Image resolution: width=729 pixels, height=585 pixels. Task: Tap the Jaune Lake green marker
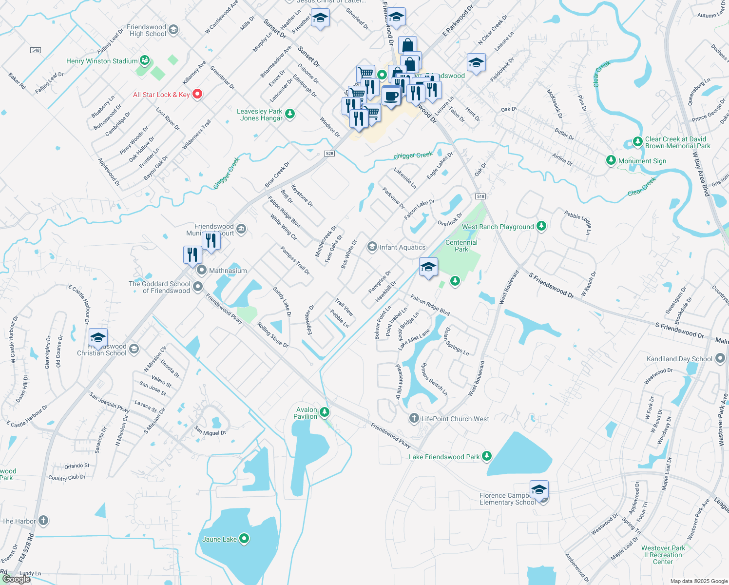point(245,539)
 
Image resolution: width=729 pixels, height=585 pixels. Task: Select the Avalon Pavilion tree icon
point(324,413)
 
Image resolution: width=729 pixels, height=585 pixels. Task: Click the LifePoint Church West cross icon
point(414,418)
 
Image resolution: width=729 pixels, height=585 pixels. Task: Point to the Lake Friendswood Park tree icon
point(486,456)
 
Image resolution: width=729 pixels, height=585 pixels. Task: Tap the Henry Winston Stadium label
point(102,61)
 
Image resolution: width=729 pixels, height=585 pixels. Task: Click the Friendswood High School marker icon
point(173,30)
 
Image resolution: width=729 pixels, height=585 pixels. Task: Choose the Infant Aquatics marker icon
point(372,247)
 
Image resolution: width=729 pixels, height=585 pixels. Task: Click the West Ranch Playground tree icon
point(541,226)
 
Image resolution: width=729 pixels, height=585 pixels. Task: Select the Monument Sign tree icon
point(611,160)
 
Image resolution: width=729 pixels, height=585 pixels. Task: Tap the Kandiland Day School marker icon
point(720,359)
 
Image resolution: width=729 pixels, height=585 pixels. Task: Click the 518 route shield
point(480,196)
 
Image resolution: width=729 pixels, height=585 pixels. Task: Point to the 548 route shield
point(35,50)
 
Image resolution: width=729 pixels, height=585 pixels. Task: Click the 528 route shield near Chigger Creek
point(329,154)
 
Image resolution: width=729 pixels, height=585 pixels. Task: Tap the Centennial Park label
point(461,246)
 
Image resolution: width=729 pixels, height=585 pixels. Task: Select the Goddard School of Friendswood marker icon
point(197,287)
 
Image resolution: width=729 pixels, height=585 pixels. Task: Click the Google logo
point(16,579)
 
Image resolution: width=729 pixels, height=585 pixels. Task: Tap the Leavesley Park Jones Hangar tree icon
point(290,114)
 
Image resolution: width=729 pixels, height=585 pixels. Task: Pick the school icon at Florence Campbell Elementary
point(538,489)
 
